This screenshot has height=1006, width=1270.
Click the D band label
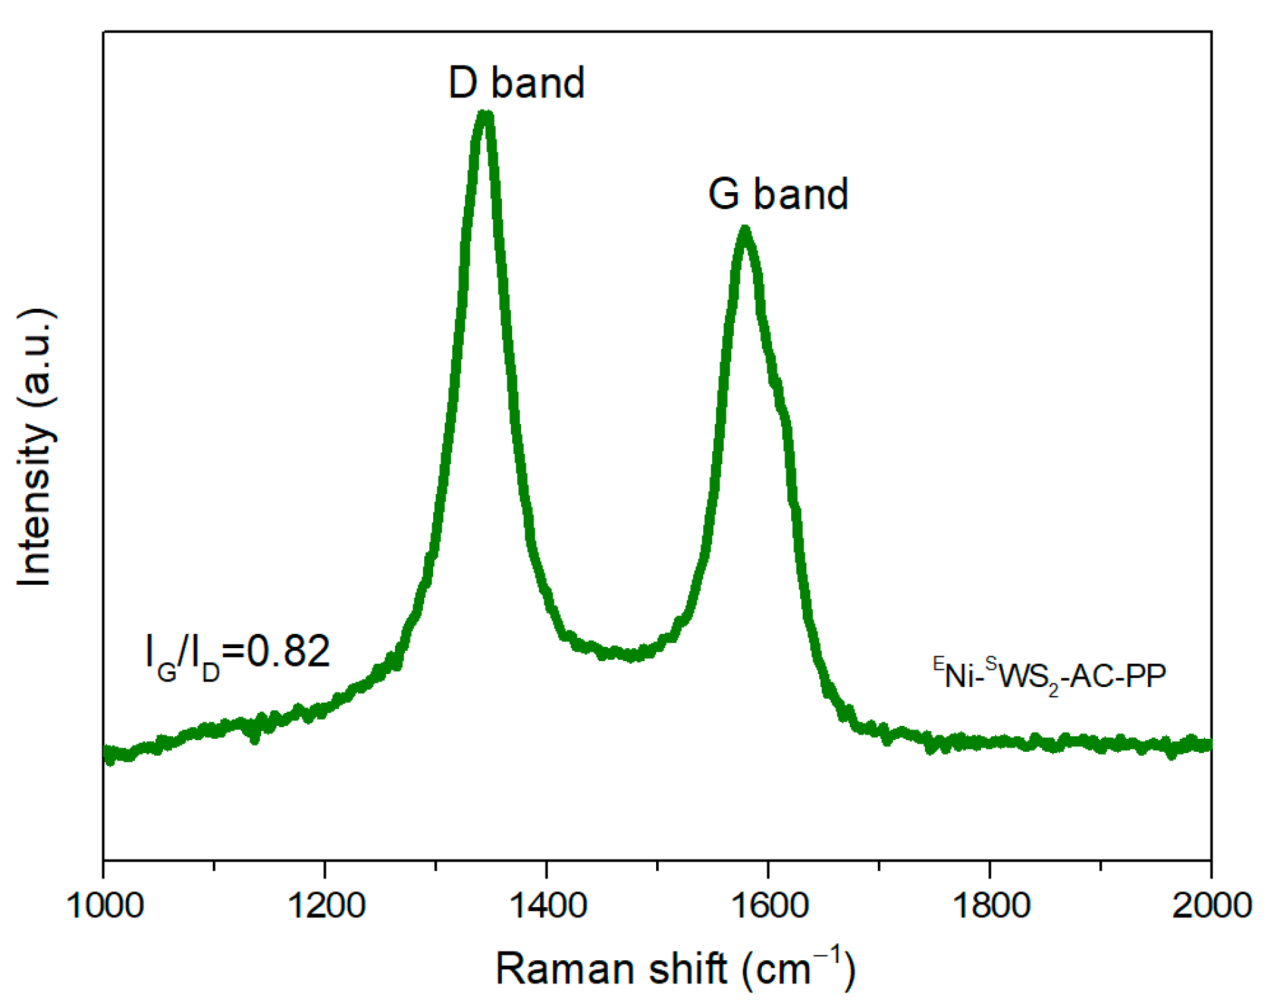pos(516,82)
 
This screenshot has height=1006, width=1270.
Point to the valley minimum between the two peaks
pos(633,656)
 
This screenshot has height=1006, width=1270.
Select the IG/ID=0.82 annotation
pos(237,653)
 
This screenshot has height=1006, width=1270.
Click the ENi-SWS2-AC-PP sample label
pos(1049,676)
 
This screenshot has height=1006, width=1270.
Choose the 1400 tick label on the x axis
pos(547,906)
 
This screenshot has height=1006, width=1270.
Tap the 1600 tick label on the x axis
pos(769,906)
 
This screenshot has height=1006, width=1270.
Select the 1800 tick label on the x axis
pos(990,906)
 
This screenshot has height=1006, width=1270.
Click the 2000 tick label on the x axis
pos(1211,906)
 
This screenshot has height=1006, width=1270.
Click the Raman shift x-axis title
pos(675,968)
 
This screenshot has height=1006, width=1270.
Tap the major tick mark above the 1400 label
pos(546,866)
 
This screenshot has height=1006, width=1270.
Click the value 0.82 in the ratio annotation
pos(288,651)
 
